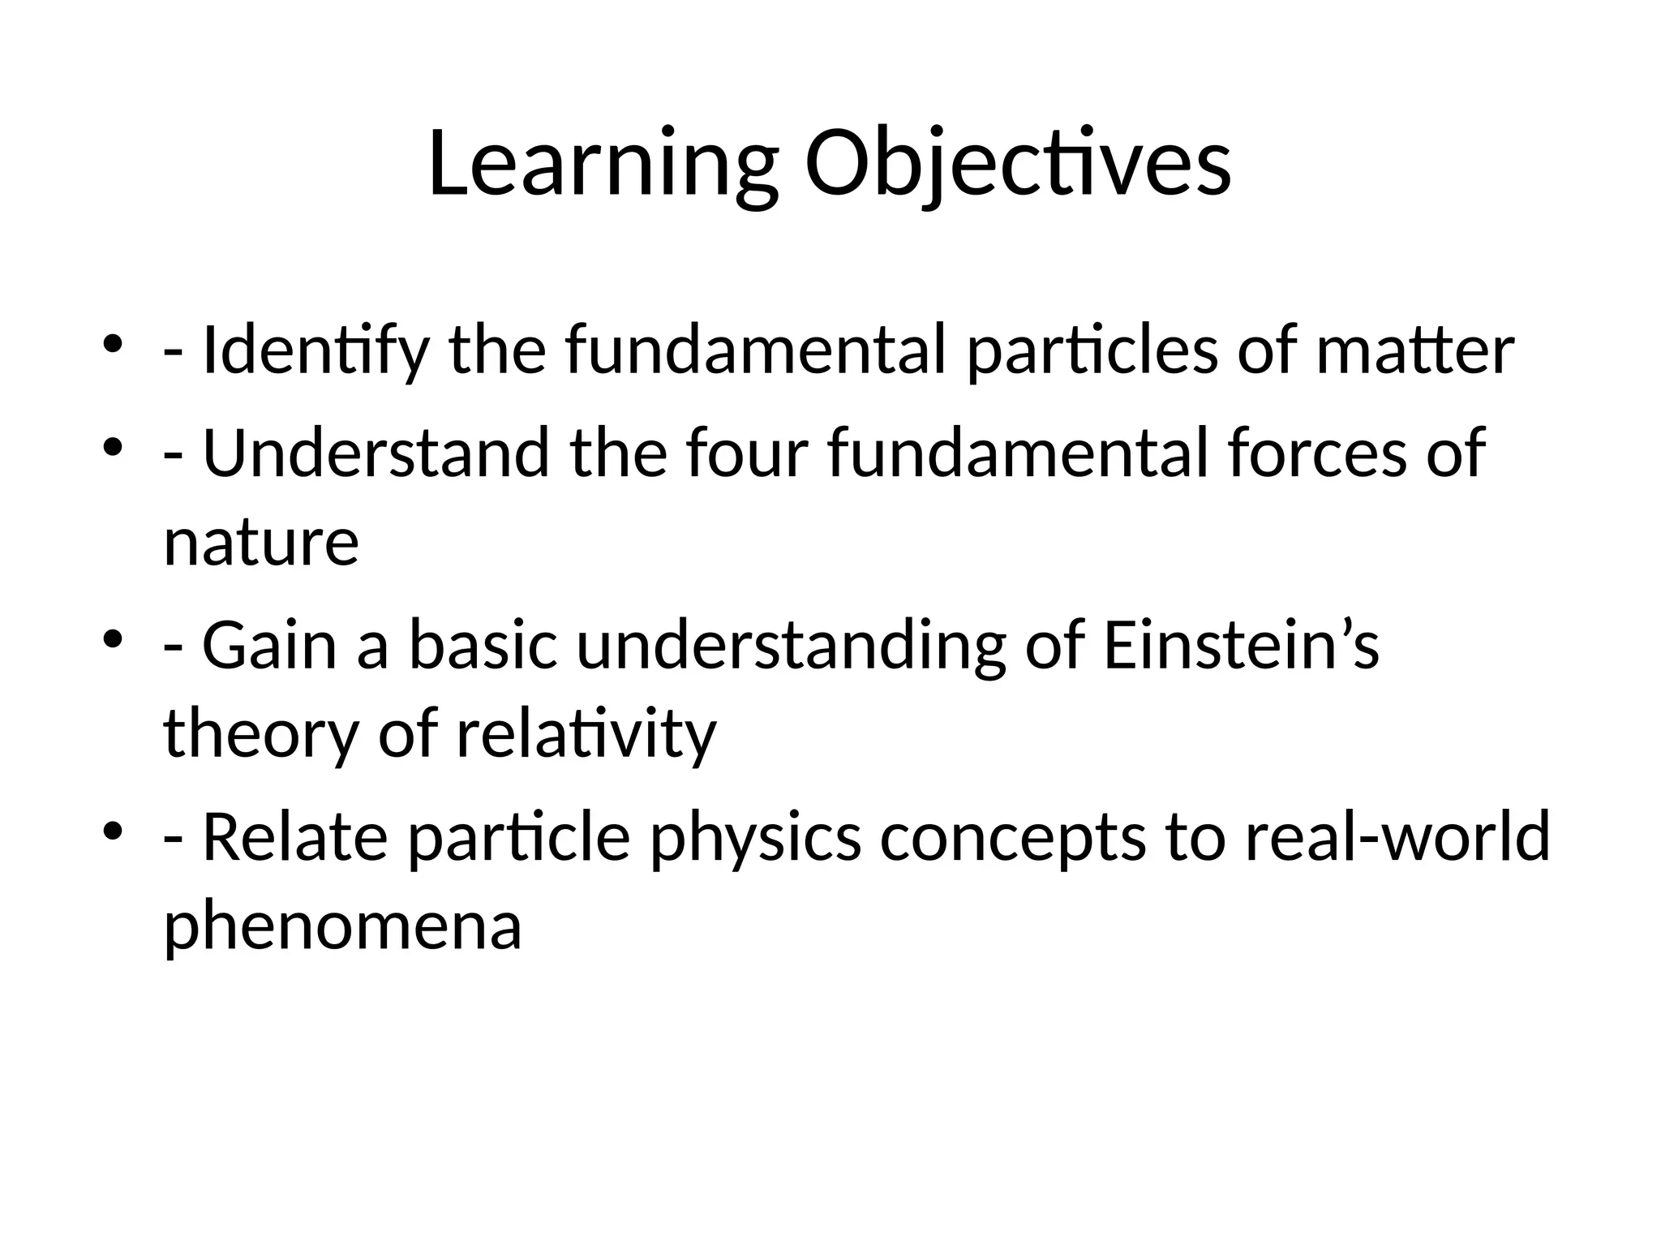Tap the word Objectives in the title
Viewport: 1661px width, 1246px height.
[1018, 166]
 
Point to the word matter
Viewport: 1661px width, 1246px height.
[1414, 350]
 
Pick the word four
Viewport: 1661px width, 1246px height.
[747, 453]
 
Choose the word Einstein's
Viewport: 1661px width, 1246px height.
[1241, 646]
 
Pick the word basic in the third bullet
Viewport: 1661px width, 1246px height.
[483, 646]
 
